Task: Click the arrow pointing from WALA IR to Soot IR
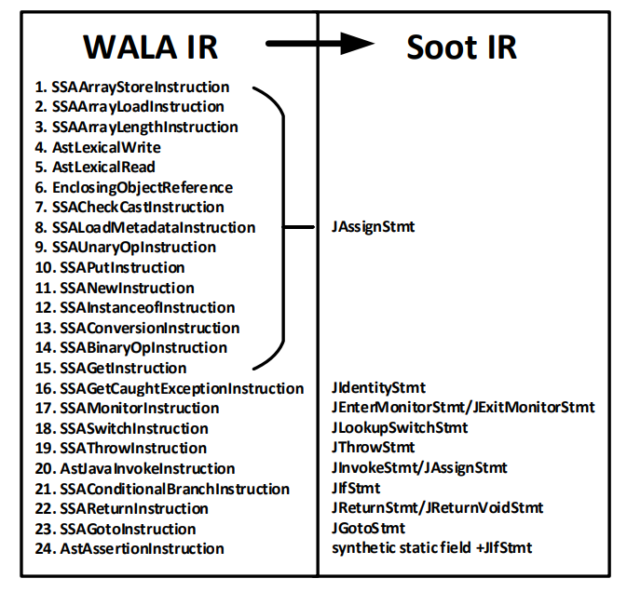[x=318, y=43]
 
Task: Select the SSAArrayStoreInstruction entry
[x=131, y=87]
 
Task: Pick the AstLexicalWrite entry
[x=98, y=147]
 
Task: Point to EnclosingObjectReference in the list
[x=133, y=187]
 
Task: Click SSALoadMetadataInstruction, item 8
[x=144, y=227]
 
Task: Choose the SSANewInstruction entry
[x=115, y=288]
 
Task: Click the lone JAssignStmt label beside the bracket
[x=373, y=226]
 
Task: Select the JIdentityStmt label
[x=379, y=388]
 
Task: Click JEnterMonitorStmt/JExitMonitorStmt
[x=463, y=408]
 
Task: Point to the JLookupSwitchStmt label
[x=400, y=428]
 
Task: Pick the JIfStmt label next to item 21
[x=356, y=489]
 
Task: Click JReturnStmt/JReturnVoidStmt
[x=437, y=508]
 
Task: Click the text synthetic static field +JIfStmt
[x=431, y=548]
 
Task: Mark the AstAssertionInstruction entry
[x=129, y=548]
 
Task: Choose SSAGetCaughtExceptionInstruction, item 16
[x=170, y=388]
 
